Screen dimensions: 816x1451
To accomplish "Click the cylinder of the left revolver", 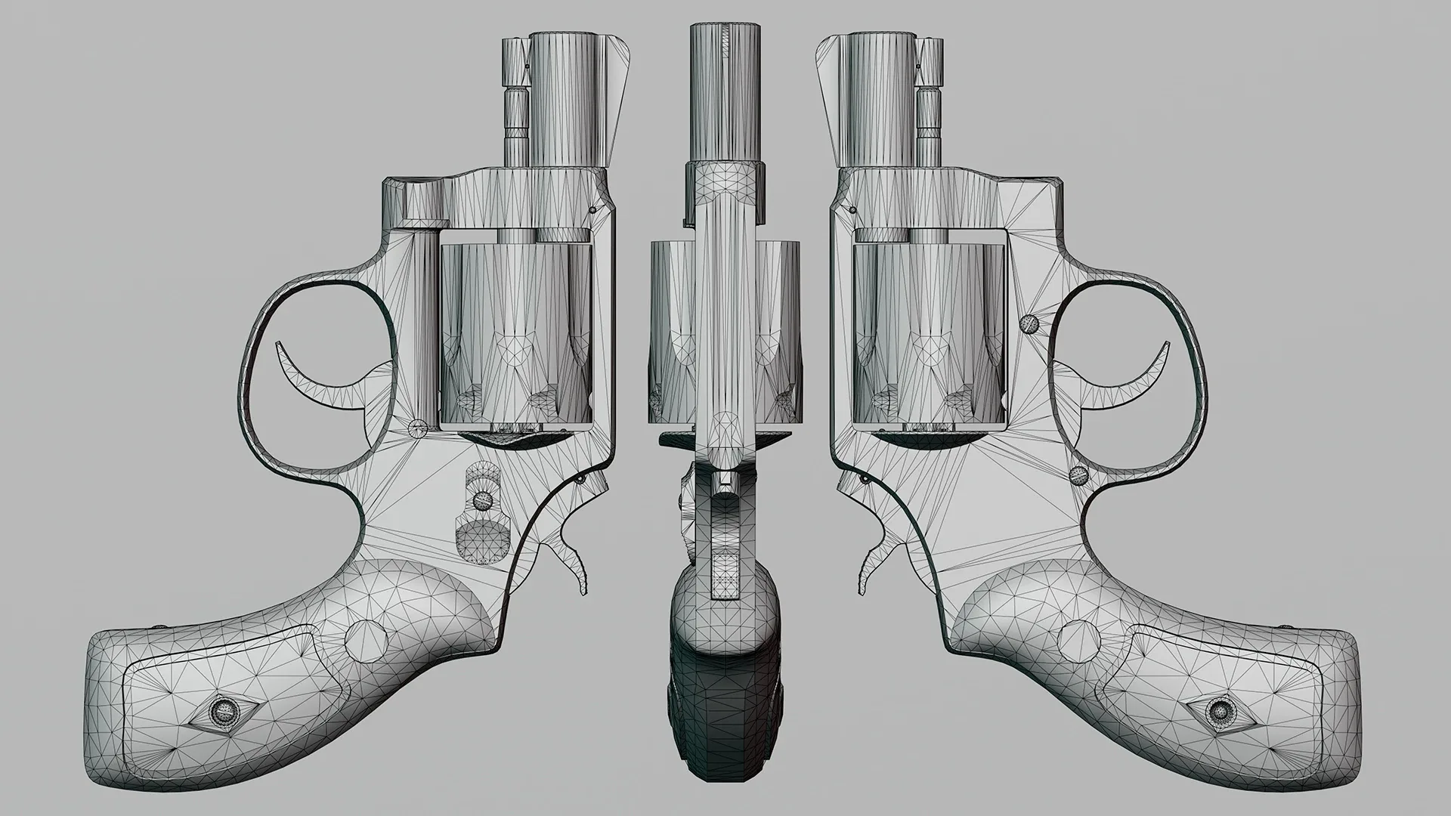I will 514,332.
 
